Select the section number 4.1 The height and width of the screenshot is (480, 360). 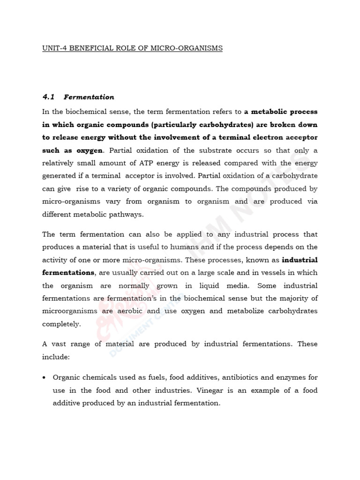point(49,97)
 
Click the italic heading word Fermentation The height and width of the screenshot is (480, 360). point(89,97)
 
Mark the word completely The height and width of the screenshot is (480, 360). point(61,323)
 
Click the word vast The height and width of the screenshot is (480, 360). point(61,344)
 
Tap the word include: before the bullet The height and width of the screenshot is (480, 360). point(56,356)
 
